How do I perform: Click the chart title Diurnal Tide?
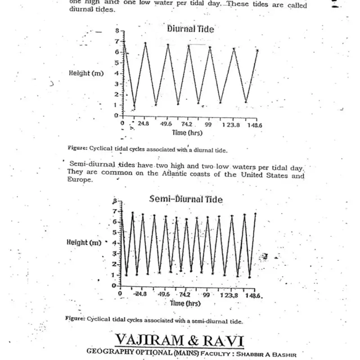point(190,29)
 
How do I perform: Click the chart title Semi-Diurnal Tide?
point(185,199)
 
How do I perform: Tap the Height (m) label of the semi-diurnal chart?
point(84,242)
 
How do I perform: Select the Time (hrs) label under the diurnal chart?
point(187,133)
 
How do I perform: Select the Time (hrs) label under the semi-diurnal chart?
point(185,303)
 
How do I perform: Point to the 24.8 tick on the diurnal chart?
point(144,124)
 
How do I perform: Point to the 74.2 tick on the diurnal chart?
point(187,124)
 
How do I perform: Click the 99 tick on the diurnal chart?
point(208,124)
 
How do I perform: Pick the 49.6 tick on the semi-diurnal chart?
point(164,295)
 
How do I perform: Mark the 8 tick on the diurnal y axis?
point(116,31)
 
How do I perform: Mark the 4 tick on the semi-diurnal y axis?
point(114,243)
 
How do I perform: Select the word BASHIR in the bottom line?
point(284,355)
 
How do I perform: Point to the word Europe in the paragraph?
point(79,180)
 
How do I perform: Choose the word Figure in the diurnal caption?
point(77,148)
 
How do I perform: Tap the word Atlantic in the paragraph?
point(192,174)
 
